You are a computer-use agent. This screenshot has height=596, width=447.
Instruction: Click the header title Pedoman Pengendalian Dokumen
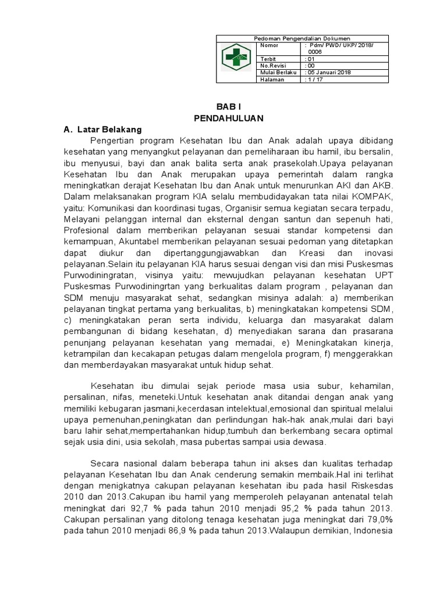[x=306, y=38]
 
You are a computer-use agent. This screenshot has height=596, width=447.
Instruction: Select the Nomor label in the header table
[x=269, y=45]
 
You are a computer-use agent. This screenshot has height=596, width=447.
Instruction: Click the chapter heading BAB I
[x=229, y=107]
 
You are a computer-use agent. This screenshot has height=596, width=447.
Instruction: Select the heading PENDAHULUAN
[x=229, y=118]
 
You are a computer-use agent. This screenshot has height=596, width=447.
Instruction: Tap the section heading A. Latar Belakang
[x=102, y=129]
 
